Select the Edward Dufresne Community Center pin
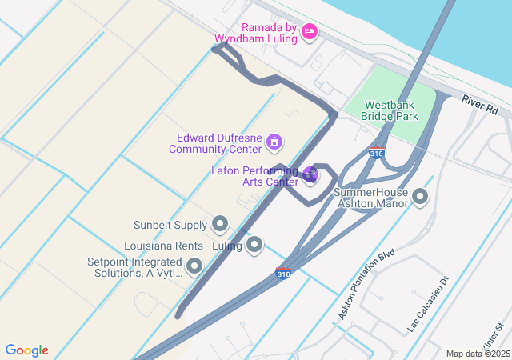coord(274,142)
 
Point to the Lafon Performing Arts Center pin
coord(311,174)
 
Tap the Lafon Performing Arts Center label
coord(254,175)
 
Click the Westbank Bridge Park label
coord(390,110)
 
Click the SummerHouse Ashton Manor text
coord(370,198)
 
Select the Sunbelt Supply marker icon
coord(220,225)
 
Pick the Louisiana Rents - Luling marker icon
coord(254,245)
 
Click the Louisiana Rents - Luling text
coord(184,246)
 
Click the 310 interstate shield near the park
coord(375,152)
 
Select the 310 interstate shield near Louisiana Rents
coord(283,273)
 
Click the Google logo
coord(27,350)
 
